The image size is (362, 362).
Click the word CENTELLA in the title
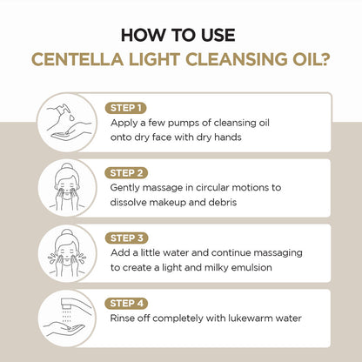click(x=73, y=60)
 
